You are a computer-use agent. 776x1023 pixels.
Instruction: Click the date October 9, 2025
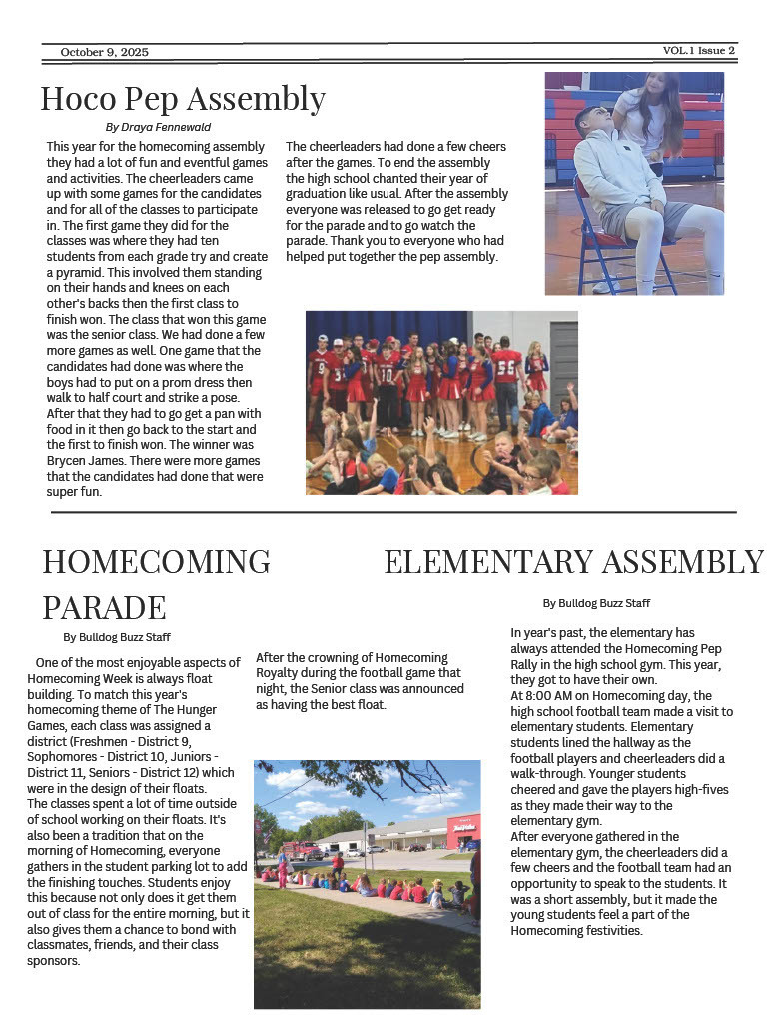[x=104, y=52]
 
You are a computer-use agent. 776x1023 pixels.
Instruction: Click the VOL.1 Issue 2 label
[x=698, y=50]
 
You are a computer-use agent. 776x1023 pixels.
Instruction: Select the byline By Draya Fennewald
[x=158, y=127]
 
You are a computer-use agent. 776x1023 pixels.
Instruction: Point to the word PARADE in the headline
[x=104, y=606]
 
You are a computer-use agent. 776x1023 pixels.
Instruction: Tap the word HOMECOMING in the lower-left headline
[x=156, y=561]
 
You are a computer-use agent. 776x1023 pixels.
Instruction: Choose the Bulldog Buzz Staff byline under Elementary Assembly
[x=596, y=603]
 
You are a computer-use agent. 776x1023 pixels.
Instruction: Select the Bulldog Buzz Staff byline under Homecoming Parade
[x=117, y=637]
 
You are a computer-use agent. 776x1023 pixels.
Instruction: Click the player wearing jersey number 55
[x=506, y=369]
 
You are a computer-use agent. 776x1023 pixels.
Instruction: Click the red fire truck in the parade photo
[x=303, y=850]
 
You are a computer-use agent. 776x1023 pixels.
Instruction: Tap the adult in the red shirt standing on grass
[x=338, y=862]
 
